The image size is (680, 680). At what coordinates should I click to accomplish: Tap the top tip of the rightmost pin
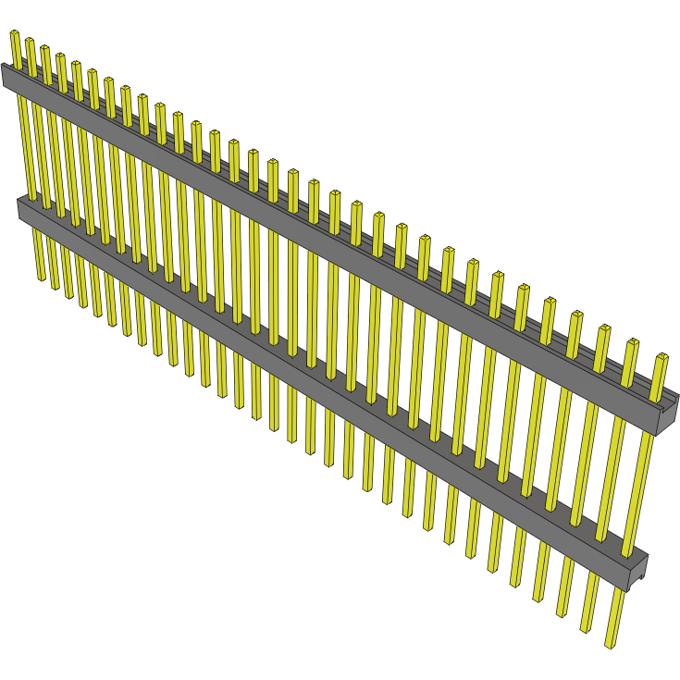tap(662, 356)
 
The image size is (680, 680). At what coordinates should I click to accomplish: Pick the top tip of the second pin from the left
tap(30, 42)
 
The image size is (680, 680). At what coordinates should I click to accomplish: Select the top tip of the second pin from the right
tap(634, 342)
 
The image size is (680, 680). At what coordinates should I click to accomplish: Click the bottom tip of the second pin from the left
tap(55, 286)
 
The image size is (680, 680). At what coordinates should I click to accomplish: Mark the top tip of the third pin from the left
tap(45, 48)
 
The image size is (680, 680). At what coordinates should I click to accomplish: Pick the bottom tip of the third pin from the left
tap(68, 295)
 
